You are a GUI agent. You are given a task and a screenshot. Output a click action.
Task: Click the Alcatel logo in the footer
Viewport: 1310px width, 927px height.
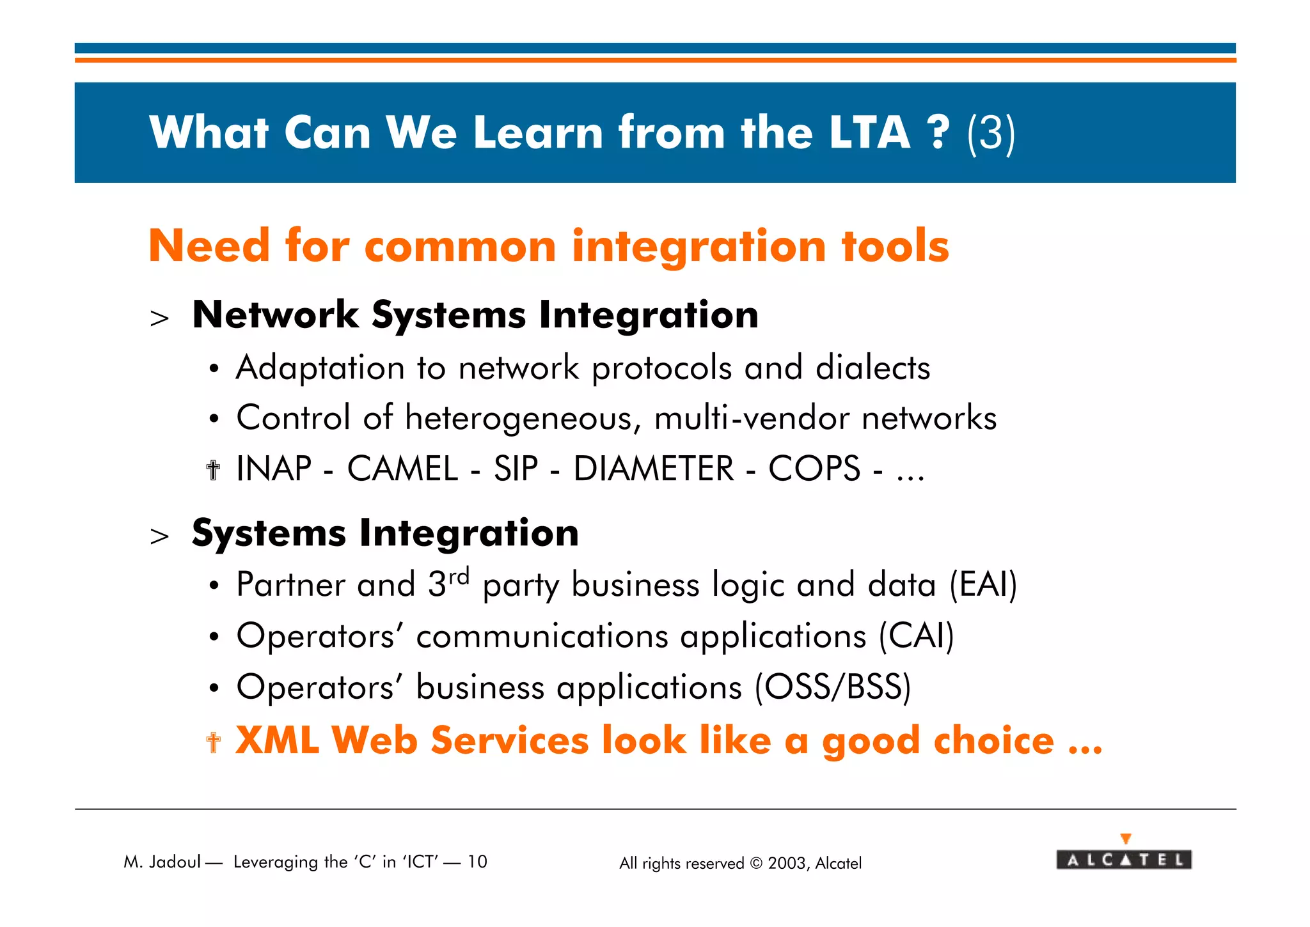coord(1124,859)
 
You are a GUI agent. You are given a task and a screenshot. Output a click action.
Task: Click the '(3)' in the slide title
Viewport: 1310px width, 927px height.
coord(991,133)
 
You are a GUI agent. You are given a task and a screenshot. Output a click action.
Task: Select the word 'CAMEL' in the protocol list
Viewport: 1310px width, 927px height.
coord(402,469)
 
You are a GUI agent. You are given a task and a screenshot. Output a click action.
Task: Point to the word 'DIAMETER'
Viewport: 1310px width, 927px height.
coord(654,469)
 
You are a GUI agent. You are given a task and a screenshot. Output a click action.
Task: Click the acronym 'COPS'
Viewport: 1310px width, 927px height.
coord(814,469)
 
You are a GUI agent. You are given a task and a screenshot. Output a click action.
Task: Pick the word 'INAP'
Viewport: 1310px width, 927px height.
coord(274,469)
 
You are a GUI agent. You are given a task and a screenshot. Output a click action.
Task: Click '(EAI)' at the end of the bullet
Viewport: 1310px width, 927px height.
coord(983,584)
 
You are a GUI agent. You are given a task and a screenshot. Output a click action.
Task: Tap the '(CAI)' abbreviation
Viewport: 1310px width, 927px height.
coord(916,636)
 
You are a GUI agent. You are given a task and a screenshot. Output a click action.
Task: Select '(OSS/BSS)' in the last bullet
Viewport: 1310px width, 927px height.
coord(833,687)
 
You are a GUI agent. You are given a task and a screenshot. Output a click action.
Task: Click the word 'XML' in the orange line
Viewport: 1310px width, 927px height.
coord(278,740)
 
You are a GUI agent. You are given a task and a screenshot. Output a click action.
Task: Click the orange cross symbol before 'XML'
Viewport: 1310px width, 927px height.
coord(214,742)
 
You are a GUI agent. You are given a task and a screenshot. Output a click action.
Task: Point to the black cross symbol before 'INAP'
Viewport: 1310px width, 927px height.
coord(214,471)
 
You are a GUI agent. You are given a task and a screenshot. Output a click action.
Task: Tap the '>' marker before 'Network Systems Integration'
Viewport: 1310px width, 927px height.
coord(159,318)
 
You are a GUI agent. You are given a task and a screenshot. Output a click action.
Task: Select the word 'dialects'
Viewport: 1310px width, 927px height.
coord(872,368)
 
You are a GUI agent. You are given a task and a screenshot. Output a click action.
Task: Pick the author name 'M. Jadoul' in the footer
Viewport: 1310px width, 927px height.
coord(162,862)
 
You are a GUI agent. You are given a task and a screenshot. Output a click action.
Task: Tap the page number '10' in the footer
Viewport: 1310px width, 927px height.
coord(477,862)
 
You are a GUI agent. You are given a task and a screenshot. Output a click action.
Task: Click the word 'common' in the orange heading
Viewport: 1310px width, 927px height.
coord(460,247)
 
